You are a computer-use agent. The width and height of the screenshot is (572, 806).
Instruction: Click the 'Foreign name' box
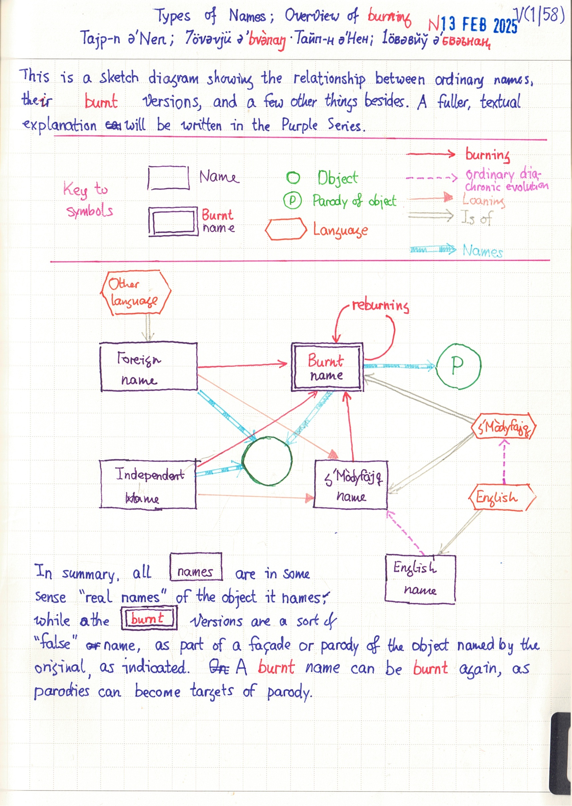(149, 367)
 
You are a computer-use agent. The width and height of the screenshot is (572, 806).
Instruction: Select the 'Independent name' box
(148, 484)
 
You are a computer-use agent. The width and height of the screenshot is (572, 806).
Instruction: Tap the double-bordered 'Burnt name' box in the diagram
(327, 367)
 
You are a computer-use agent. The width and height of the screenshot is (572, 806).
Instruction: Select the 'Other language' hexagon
(136, 292)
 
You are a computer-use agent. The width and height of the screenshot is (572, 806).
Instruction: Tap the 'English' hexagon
(502, 497)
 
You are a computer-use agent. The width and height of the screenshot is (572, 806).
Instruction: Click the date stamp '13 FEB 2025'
(479, 25)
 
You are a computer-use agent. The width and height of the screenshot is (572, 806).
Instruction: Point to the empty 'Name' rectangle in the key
(168, 178)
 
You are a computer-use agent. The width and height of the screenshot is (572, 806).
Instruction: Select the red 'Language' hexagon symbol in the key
(286, 229)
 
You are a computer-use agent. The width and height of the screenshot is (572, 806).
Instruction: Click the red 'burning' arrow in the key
(430, 154)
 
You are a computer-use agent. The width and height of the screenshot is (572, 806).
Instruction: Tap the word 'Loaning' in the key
(483, 200)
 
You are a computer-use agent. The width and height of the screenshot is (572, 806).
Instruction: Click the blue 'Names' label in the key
(482, 251)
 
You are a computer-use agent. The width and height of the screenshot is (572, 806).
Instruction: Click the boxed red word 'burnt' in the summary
(149, 618)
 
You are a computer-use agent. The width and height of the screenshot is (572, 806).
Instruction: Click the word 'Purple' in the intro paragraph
(299, 125)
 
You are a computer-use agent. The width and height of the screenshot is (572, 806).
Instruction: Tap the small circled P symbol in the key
(292, 201)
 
